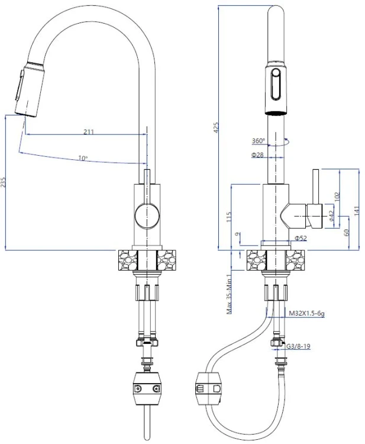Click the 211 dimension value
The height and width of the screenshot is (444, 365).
88,131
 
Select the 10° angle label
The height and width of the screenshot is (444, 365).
82,158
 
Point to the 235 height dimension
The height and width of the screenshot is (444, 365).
5,182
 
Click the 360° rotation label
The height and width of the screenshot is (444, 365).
258,141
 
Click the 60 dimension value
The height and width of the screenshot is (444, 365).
347,233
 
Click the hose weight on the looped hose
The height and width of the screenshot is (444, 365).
209,389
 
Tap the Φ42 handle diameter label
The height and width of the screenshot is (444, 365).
331,216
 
